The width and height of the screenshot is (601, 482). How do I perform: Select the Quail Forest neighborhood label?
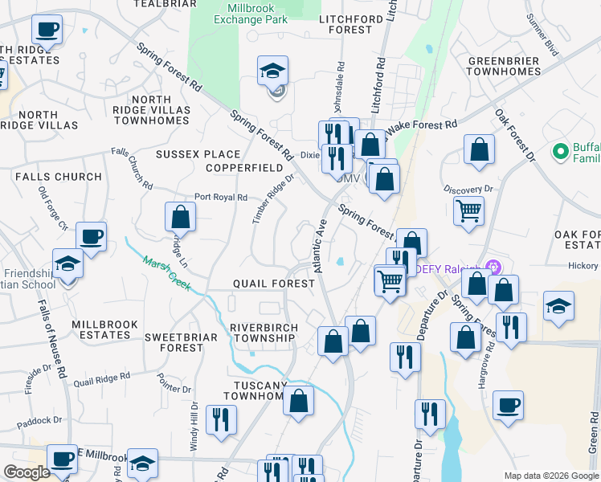(273, 284)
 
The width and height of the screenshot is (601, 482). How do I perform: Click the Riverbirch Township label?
(264, 333)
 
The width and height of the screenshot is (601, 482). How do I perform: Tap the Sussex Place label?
(198, 154)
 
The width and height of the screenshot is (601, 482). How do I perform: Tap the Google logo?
(27, 472)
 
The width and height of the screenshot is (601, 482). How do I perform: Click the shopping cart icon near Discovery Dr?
(468, 210)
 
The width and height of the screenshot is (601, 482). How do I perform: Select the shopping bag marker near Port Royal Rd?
(180, 216)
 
